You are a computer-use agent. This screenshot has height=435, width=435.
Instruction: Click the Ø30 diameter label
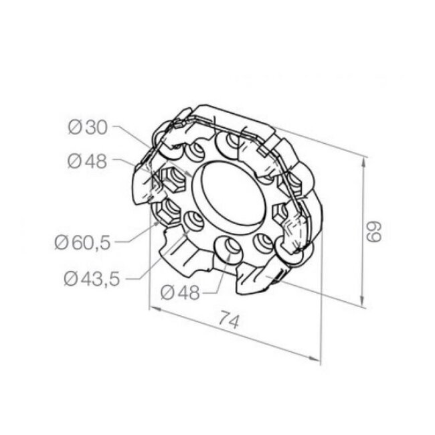(x=88, y=127)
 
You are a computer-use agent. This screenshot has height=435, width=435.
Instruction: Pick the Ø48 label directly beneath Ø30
(x=88, y=161)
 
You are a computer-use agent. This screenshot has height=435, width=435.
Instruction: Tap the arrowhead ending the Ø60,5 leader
(x=159, y=226)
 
